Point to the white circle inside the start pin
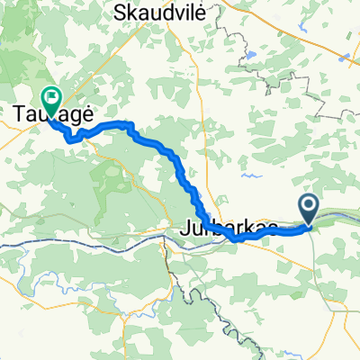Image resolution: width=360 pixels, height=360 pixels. pos(309,206)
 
